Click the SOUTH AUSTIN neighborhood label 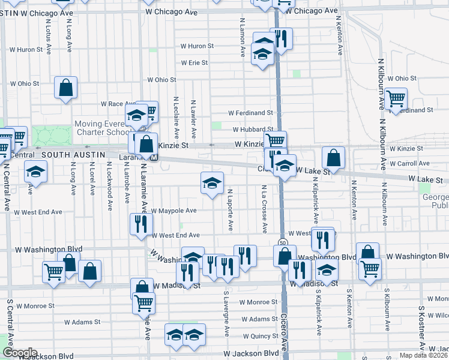(x=77, y=155)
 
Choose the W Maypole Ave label (x=173, y=211)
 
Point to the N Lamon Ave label (x=243, y=37)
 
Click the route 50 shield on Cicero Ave (x=283, y=242)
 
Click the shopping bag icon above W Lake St (x=333, y=157)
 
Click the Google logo (x=19, y=353)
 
